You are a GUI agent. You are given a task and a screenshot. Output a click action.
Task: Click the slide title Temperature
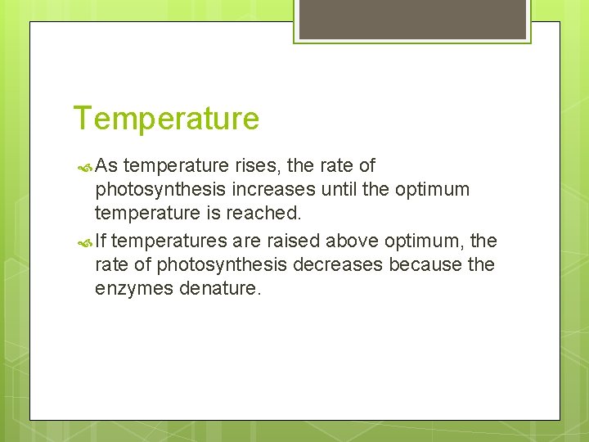pyautogui.click(x=166, y=119)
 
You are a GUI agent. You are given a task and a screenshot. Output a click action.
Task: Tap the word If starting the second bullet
pyautogui.click(x=100, y=241)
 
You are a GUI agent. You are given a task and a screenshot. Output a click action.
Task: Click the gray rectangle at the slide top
pyautogui.click(x=412, y=19)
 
